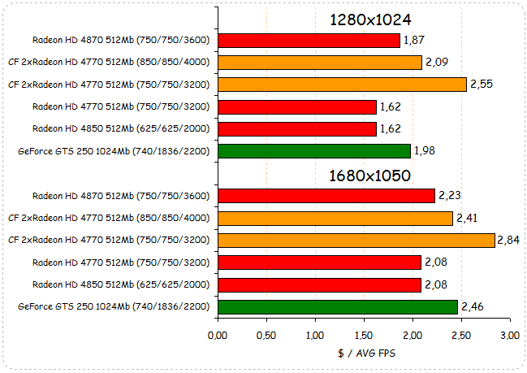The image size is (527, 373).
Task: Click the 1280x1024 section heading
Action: click(370, 20)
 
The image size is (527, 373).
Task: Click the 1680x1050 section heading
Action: click(370, 175)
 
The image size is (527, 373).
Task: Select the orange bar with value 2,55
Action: click(342, 84)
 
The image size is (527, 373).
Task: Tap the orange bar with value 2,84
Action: click(356, 240)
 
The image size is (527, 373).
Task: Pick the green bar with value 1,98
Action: click(314, 150)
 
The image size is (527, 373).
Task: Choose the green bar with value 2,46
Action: click(338, 306)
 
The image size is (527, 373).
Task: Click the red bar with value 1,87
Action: click(309, 40)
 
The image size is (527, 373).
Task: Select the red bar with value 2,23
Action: click(326, 195)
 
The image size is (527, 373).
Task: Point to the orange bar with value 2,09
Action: click(320, 62)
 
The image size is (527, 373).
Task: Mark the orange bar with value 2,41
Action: click(335, 218)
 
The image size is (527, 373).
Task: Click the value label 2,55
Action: click(482, 84)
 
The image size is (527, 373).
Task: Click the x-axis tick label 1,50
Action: click(364, 336)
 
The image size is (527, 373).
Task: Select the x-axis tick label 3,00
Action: click(510, 336)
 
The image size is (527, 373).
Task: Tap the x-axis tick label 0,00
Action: click(218, 336)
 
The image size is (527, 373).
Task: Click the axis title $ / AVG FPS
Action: click(363, 353)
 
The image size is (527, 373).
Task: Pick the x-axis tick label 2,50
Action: click(461, 336)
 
